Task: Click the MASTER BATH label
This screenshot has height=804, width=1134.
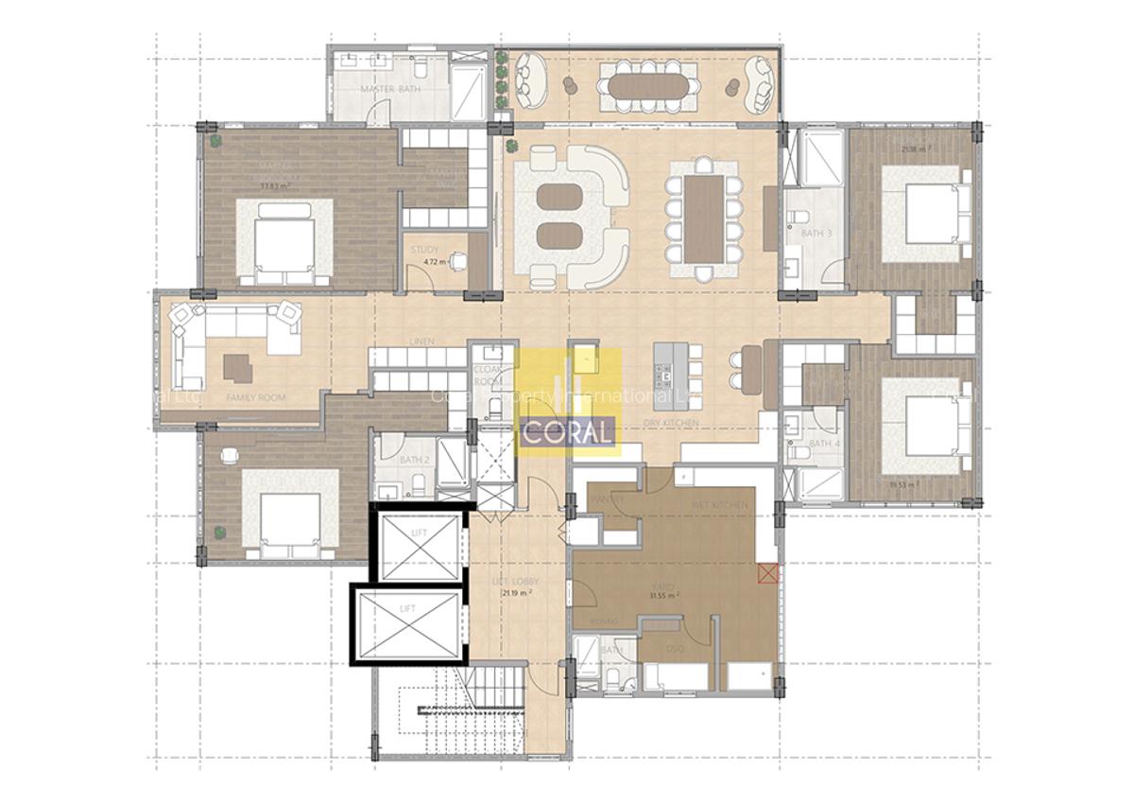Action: (390, 90)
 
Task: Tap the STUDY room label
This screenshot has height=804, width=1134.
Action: (425, 250)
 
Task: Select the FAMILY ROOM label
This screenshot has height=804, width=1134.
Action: (256, 398)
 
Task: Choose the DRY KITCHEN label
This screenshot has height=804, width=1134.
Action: (671, 422)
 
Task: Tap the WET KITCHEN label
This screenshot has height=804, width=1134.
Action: (719, 505)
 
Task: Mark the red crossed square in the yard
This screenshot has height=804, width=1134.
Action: (767, 571)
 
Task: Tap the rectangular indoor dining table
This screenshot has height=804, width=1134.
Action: (703, 218)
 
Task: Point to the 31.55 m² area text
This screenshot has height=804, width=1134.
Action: (666, 597)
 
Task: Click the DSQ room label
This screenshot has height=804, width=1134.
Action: (675, 650)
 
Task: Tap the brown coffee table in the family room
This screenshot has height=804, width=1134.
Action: (238, 367)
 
